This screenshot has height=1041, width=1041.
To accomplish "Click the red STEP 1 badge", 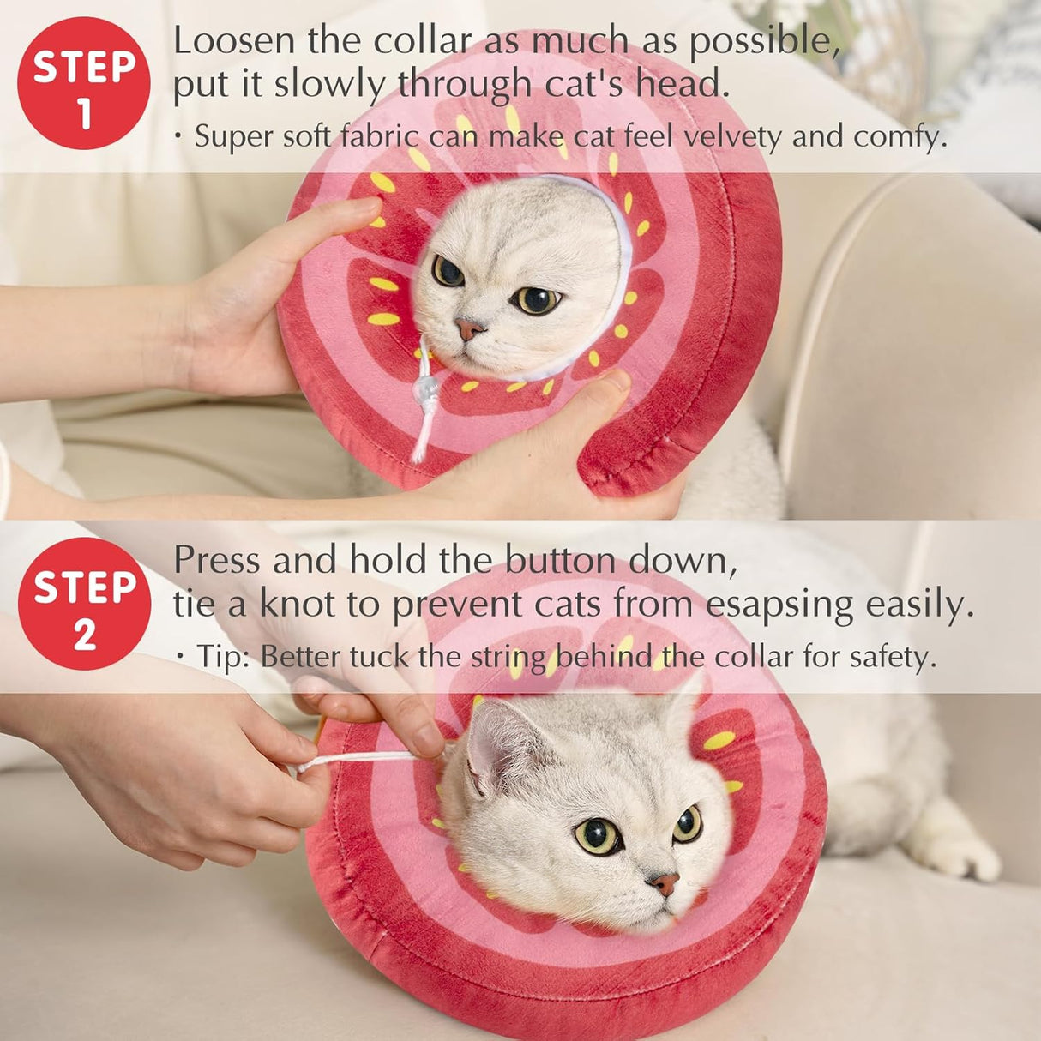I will pyautogui.click(x=84, y=84).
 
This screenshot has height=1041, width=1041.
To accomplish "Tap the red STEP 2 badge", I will pyautogui.click(x=84, y=604).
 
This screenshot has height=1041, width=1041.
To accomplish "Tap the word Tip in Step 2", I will pyautogui.click(x=222, y=657).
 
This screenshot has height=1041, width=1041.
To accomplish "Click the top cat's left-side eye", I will pyautogui.click(x=448, y=271).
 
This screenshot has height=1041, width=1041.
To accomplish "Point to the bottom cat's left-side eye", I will pyautogui.click(x=598, y=835).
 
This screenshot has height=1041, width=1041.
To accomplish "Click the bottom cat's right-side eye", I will pyautogui.click(x=687, y=823).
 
